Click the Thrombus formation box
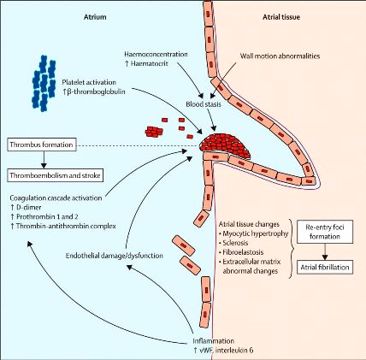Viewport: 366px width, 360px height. coord(42,145)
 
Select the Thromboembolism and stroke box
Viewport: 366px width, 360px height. coord(55,175)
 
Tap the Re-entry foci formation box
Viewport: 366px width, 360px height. coord(325,232)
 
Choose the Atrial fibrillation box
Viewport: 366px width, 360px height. coord(325,268)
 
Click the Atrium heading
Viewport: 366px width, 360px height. coord(95,17)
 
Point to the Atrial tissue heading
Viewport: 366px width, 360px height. coord(281,17)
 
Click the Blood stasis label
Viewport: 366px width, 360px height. coord(204,104)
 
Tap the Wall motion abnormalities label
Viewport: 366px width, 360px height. coord(280,56)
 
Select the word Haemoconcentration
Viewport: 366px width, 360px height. coord(156,54)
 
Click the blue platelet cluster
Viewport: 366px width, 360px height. coord(44,83)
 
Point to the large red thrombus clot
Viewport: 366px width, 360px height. coord(225,145)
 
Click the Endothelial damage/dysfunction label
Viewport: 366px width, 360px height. coord(115,256)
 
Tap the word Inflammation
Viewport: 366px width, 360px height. coord(213,341)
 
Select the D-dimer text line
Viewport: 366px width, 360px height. coord(26,207)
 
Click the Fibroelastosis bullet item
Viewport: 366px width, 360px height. coord(241,252)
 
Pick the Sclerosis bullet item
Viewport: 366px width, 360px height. coord(233,243)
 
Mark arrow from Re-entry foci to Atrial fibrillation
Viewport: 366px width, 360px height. coord(325,251)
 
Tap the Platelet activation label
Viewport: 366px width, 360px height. coord(89,82)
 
